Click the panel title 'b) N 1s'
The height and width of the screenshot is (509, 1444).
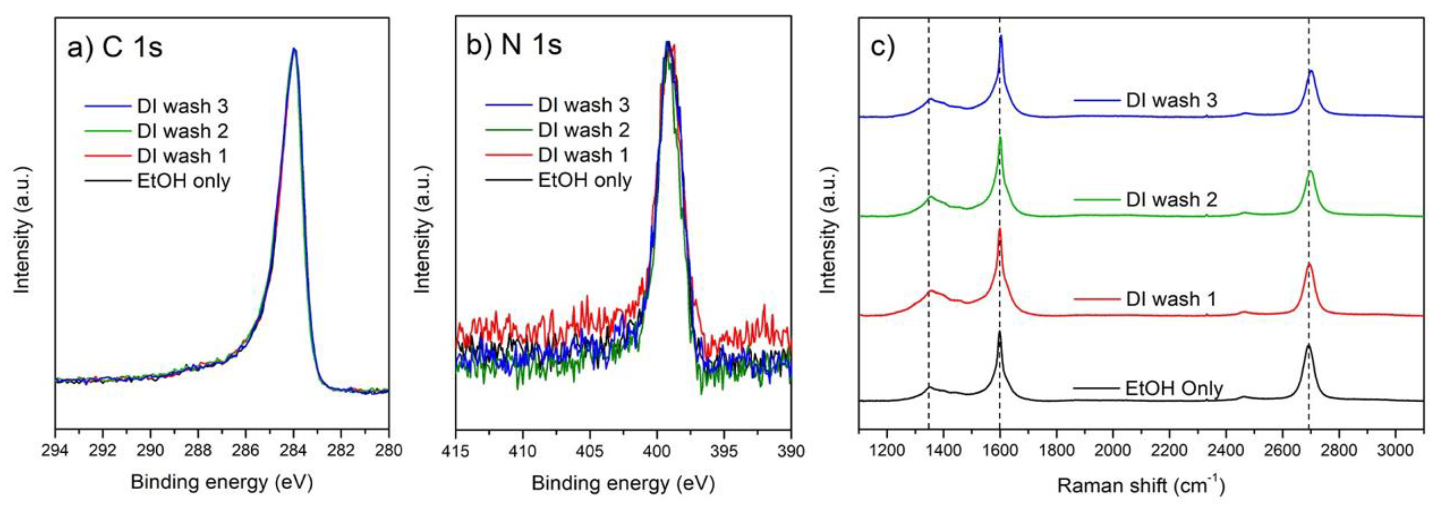[514, 45]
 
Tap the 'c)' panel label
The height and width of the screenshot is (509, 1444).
[882, 46]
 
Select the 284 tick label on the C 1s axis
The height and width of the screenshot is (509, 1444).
[293, 451]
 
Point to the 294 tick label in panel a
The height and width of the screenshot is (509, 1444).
[56, 451]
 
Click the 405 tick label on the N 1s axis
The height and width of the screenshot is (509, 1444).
[590, 451]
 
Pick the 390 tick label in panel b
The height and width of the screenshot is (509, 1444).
[790, 451]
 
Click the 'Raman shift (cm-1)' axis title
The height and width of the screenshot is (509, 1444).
[1140, 485]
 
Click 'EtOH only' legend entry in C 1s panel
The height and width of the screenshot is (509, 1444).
[183, 181]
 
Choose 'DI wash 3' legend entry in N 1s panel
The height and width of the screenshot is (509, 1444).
[583, 105]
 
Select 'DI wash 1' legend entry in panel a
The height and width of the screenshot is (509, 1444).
[182, 156]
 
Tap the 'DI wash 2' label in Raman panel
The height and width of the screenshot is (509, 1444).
[1172, 200]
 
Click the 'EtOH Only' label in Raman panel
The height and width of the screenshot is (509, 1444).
[1174, 388]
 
